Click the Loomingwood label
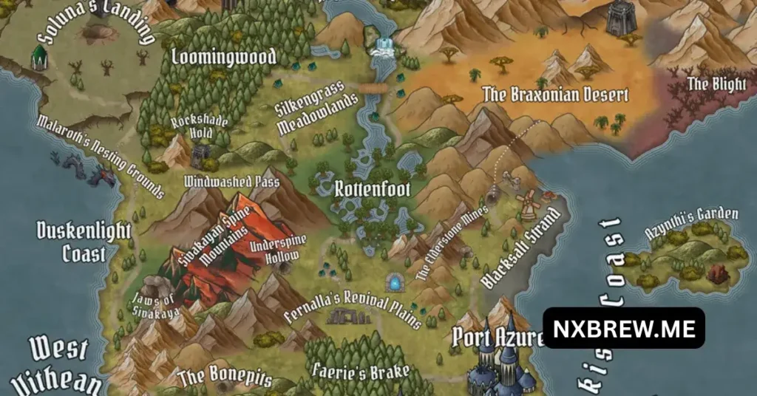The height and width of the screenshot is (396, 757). click(x=223, y=57)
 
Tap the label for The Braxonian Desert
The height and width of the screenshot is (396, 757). click(x=555, y=95)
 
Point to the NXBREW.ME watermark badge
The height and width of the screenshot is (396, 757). click(x=624, y=328)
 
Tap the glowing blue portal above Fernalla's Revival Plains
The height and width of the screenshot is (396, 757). click(x=394, y=282)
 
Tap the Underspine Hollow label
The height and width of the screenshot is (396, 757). click(x=274, y=251)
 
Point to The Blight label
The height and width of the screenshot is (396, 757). click(x=717, y=83)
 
